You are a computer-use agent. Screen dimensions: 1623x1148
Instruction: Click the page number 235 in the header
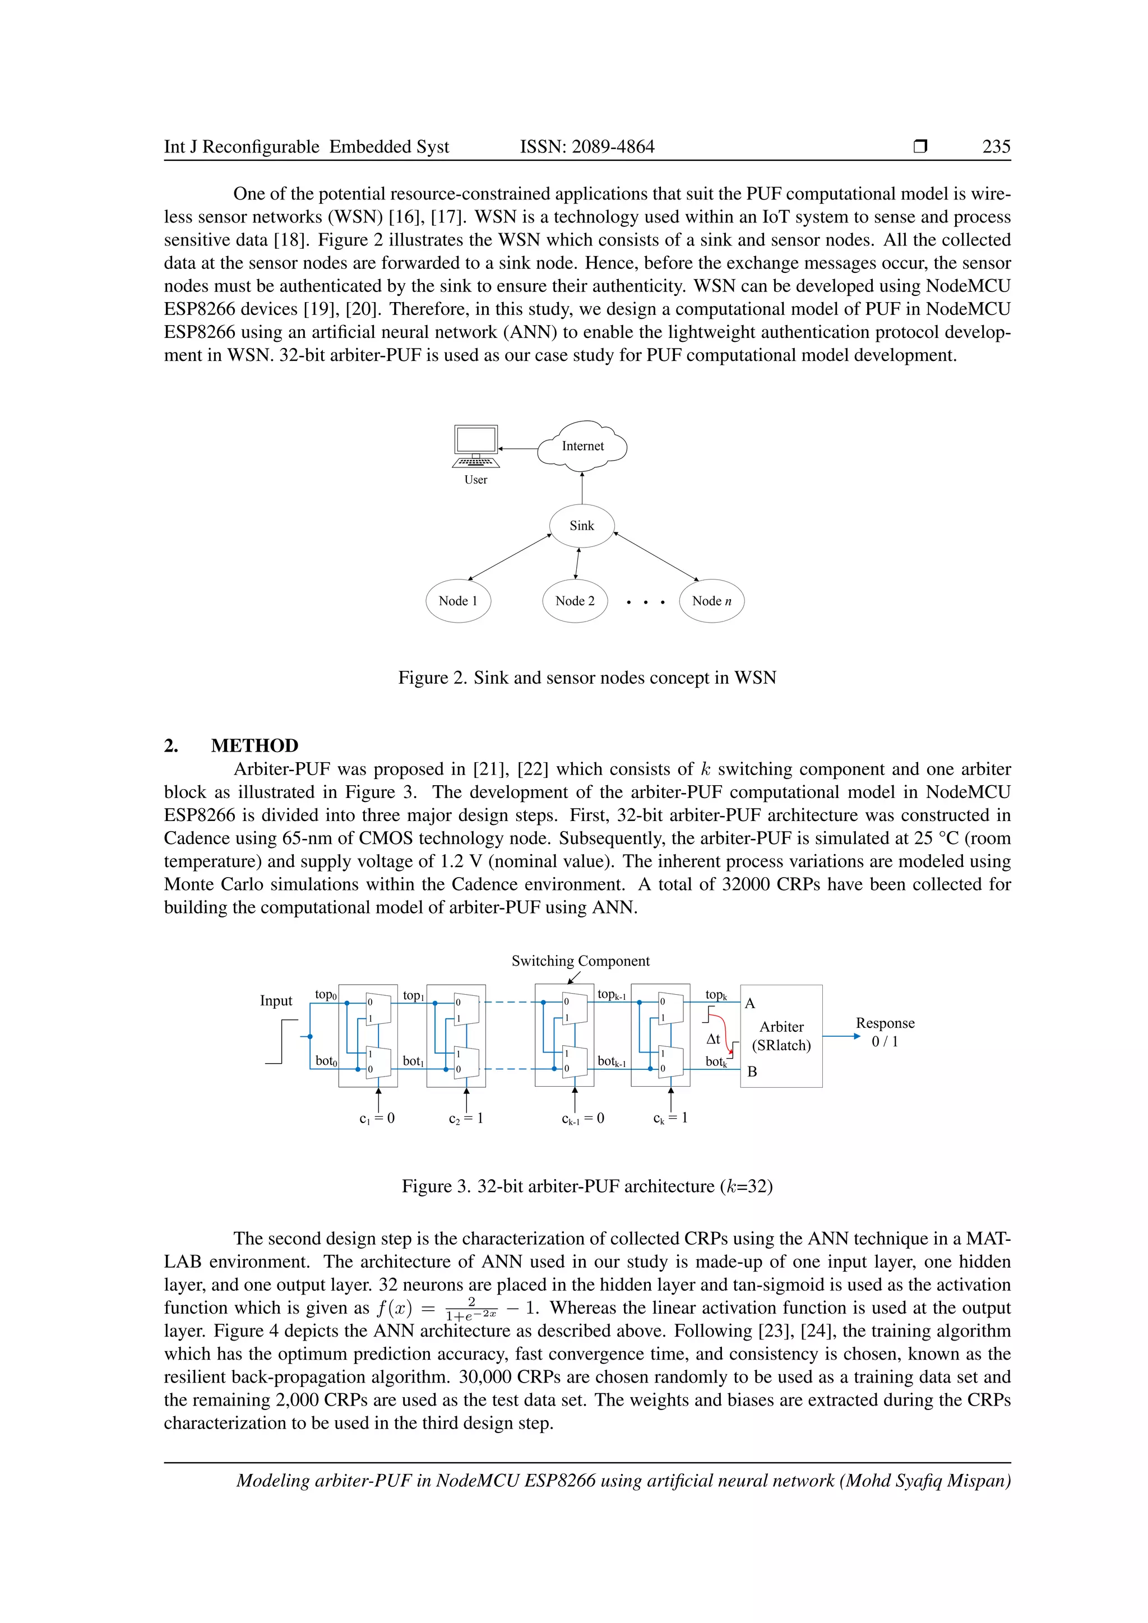996,146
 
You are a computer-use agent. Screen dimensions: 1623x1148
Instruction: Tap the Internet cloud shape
582,446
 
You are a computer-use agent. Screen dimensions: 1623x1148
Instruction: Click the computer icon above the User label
476,446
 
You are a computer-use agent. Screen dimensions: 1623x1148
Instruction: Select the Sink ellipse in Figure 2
582,526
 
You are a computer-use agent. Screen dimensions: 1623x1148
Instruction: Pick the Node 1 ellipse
458,601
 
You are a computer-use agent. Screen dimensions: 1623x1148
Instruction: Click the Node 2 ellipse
575,601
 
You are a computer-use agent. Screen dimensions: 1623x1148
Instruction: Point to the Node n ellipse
711,601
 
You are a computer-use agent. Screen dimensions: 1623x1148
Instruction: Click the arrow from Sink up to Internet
582,488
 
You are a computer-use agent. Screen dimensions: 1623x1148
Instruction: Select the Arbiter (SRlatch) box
781,1036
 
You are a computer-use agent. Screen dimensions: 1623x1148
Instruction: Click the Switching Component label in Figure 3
580,961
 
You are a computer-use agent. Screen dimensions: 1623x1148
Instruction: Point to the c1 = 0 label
377,1118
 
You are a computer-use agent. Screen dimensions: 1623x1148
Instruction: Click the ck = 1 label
670,1118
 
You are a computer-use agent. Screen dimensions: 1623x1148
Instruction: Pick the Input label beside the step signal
276,1000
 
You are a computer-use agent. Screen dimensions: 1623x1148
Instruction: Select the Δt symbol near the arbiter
713,1039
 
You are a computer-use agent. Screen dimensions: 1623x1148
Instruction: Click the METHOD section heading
254,746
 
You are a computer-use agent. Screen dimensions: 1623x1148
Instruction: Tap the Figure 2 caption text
587,678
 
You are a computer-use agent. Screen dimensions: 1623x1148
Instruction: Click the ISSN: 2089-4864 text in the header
587,146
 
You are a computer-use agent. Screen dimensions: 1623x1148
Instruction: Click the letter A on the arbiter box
750,1004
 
